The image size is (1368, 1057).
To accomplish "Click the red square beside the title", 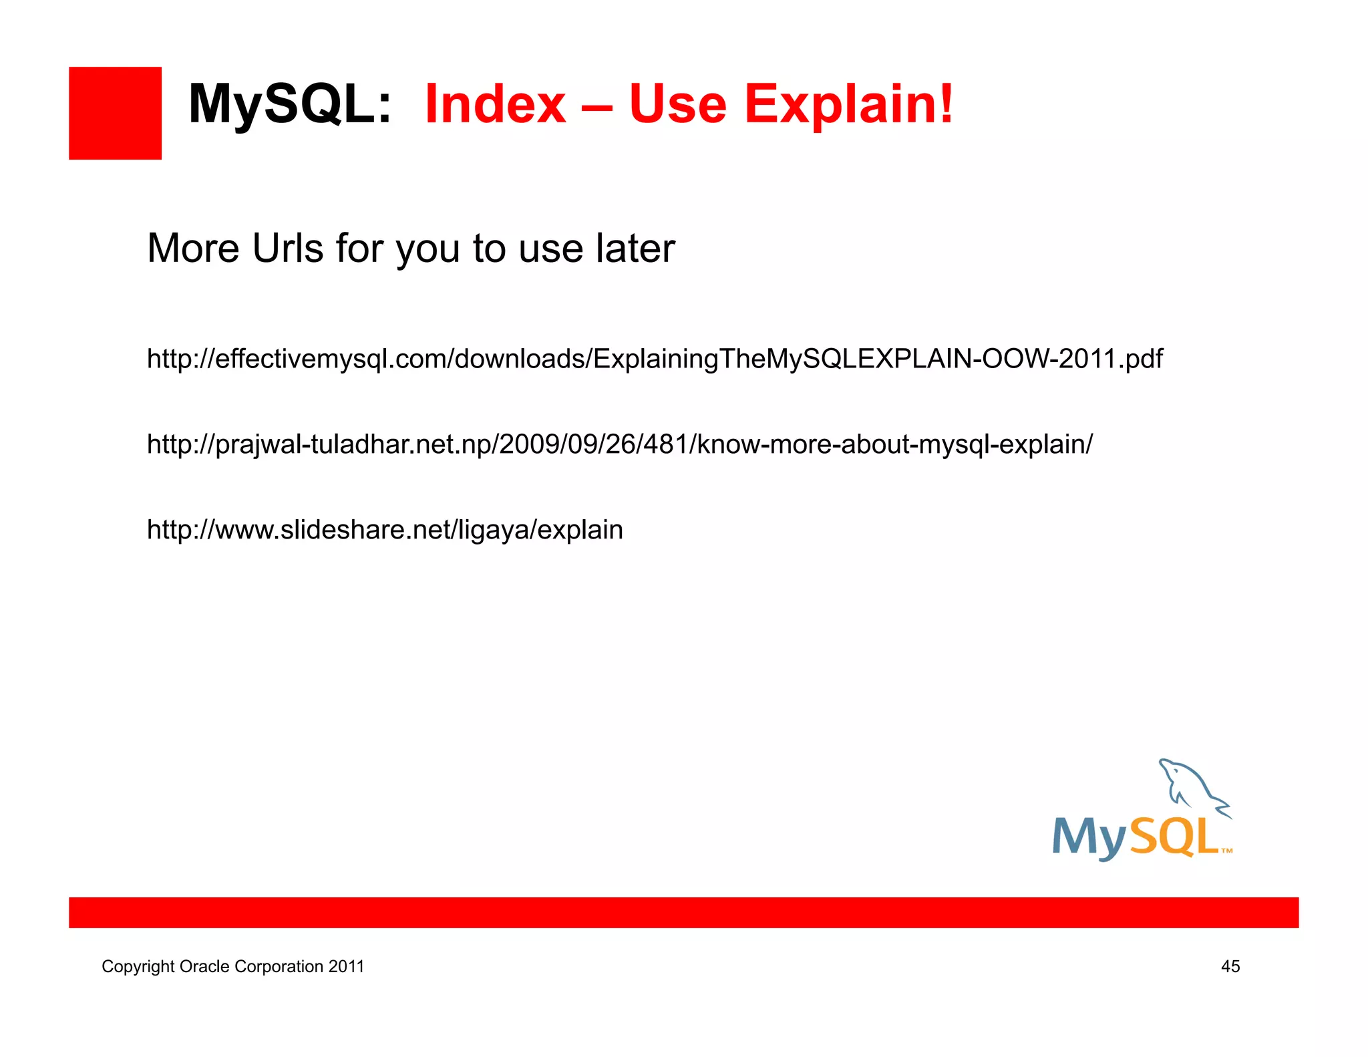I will pos(115,113).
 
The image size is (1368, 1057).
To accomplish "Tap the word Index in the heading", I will pos(495,104).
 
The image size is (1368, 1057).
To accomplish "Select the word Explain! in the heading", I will pos(849,106).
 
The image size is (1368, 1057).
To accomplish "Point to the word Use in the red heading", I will pos(677,104).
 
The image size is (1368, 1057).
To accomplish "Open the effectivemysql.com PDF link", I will pos(655,359).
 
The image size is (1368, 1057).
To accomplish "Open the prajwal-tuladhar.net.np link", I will pos(620,444).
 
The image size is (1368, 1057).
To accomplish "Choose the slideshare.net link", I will pos(385,530).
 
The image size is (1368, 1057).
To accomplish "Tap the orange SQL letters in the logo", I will pos(1174,837).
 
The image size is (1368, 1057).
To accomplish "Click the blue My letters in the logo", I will pos(1089,838).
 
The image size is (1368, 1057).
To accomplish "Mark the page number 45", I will pos(1230,966).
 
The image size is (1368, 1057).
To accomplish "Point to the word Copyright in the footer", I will pos(138,967).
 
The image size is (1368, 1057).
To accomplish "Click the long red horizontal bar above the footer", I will pos(683,913).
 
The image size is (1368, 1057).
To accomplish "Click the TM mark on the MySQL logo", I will pos(1226,851).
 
